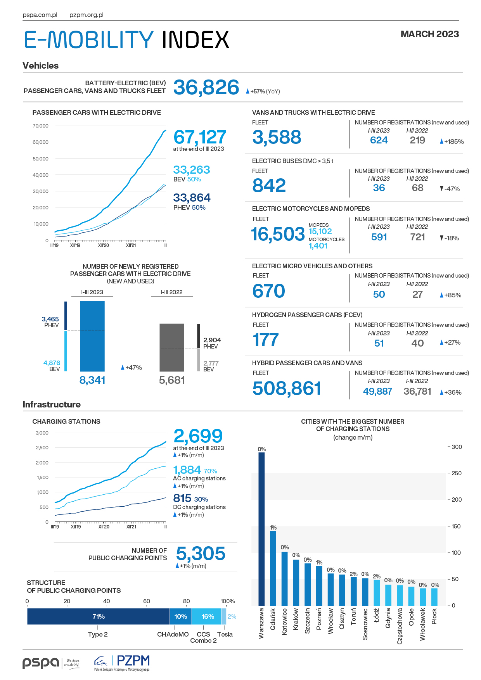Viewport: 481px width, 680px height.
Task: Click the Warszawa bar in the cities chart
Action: tap(261, 529)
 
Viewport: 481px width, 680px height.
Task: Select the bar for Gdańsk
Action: tap(273, 568)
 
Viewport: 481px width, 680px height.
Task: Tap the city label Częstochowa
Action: tap(400, 626)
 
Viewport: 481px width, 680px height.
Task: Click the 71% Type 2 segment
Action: tap(99, 616)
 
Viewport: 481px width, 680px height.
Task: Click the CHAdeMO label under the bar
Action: tap(173, 634)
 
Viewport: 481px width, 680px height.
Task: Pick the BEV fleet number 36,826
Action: tap(206, 87)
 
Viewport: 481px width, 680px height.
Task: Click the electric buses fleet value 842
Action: tap(269, 185)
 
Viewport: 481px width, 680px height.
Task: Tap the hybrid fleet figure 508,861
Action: tap(287, 388)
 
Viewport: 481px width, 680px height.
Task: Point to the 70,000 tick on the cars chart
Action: tap(41, 126)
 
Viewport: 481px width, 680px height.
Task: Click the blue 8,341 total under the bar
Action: tap(92, 380)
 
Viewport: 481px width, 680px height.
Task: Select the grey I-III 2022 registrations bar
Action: tap(172, 347)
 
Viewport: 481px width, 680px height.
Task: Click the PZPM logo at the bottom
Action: tap(122, 663)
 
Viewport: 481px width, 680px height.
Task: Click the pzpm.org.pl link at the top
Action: tap(87, 15)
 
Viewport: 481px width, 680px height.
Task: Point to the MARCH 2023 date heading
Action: tap(430, 34)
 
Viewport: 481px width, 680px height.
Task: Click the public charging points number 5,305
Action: tap(201, 554)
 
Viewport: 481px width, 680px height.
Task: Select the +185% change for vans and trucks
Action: tap(452, 142)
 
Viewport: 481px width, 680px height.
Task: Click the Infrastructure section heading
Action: tap(52, 404)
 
